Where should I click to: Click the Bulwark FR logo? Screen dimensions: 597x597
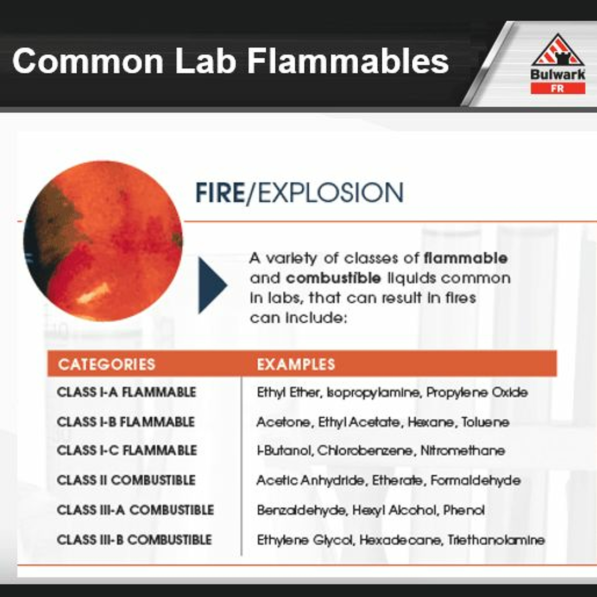(x=558, y=63)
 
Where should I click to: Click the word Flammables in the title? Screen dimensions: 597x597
(x=348, y=61)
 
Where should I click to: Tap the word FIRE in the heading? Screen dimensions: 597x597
(x=220, y=193)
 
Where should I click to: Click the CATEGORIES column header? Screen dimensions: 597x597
(x=107, y=364)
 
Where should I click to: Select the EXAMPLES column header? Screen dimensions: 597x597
(x=296, y=364)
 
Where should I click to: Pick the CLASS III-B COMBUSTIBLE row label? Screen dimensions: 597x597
(x=134, y=539)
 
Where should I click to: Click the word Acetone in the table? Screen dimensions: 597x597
(x=283, y=422)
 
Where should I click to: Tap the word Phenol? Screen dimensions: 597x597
(x=464, y=510)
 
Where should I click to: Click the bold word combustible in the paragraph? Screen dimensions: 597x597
(x=333, y=278)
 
